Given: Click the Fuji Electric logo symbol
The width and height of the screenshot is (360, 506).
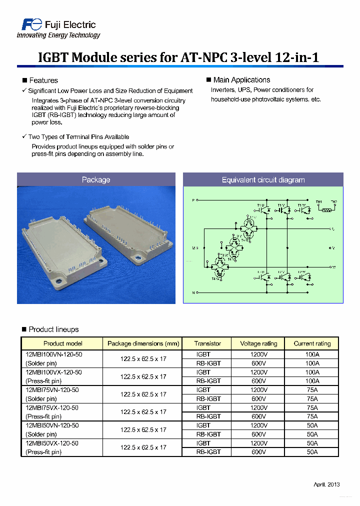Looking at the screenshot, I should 29,24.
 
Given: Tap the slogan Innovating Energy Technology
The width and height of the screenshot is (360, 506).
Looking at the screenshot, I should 58,35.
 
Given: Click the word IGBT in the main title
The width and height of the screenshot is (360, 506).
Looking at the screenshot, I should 53,57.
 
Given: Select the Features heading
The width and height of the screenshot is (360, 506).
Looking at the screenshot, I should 43,80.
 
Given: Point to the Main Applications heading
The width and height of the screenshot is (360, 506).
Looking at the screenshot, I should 241,80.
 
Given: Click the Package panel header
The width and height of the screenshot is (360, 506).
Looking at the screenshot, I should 96,180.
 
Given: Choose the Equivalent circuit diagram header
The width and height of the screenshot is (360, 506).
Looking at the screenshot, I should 263,180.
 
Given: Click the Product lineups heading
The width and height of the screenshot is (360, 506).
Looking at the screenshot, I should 53,329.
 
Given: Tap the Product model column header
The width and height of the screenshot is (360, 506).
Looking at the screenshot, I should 62,343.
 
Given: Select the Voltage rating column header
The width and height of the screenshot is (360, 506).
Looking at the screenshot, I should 258,343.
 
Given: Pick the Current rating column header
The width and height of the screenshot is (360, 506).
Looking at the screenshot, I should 312,343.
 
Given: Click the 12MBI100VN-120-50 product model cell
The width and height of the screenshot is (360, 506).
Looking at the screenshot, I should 53,354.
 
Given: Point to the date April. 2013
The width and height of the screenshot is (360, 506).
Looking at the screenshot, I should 326,484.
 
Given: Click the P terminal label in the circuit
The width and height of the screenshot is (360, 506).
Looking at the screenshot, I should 193,200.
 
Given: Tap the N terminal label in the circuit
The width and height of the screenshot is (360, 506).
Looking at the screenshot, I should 193,292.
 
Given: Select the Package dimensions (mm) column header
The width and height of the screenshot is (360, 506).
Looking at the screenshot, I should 143,343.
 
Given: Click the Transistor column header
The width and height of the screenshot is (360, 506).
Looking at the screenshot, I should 208,343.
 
